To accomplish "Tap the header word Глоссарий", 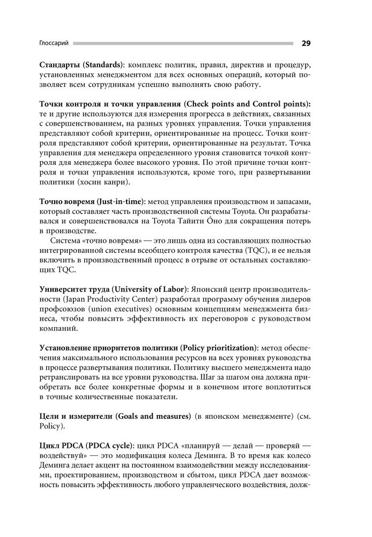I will click(x=55, y=43).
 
